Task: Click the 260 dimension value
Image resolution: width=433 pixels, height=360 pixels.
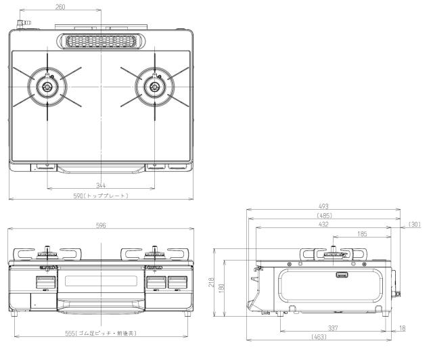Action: click(x=60, y=7)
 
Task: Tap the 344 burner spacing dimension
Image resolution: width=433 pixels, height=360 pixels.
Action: click(x=101, y=185)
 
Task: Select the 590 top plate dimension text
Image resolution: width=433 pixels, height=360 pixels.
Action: click(x=101, y=196)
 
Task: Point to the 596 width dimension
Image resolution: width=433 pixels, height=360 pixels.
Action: click(x=101, y=225)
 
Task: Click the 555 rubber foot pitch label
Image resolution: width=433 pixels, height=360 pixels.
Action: click(x=101, y=333)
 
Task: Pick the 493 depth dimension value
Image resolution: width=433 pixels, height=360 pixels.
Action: click(x=323, y=206)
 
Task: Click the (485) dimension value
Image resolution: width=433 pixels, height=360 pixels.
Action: click(x=325, y=215)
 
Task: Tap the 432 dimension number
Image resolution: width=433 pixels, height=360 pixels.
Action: click(x=323, y=224)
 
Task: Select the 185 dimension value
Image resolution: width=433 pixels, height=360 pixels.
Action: click(x=362, y=233)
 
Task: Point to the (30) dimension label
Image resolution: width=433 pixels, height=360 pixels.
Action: click(x=414, y=225)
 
